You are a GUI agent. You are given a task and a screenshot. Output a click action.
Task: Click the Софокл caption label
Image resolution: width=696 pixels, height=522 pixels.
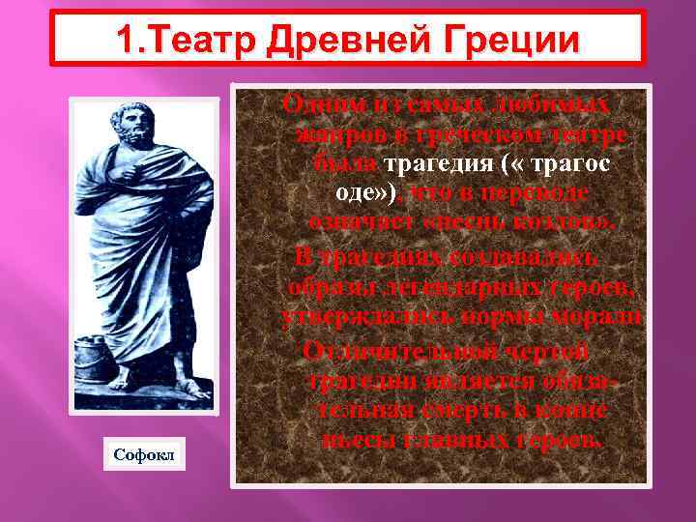[142, 453]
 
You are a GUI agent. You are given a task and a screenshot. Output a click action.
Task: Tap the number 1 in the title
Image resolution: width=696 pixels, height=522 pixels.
[126, 40]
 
